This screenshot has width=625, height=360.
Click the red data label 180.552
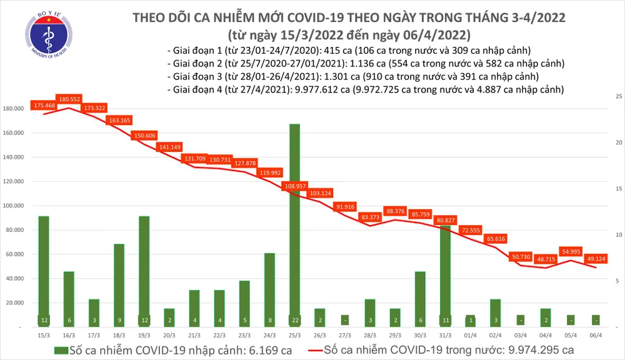point(67,99)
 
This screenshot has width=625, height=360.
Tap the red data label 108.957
point(294,186)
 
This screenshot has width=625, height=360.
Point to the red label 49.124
point(596,259)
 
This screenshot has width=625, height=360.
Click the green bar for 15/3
point(44,269)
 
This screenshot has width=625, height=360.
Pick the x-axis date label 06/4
point(596,334)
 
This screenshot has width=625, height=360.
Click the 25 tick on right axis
point(618,97)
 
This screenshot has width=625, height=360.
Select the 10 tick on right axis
point(618,235)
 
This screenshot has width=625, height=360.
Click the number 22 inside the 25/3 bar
point(294,320)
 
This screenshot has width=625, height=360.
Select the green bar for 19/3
point(144,269)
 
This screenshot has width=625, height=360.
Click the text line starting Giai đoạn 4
point(365,89)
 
